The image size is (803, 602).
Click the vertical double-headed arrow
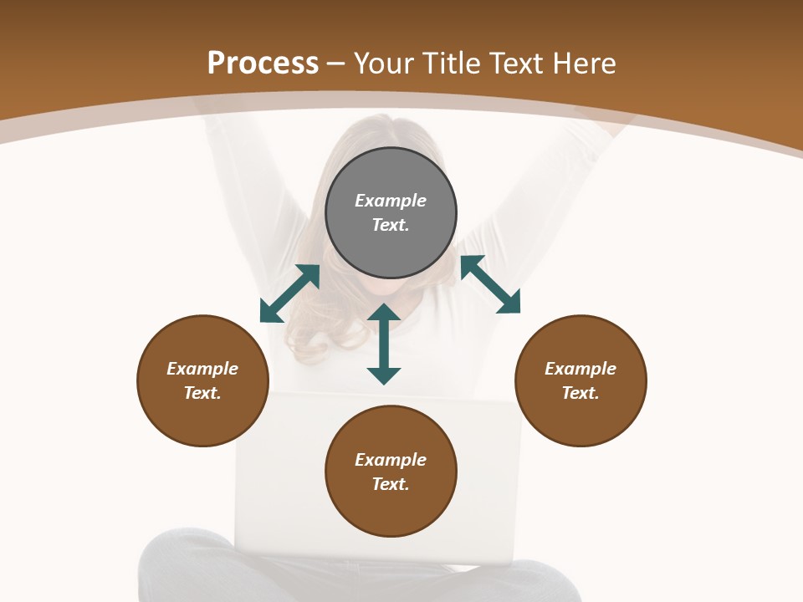[384, 344]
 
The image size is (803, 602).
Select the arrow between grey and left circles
[289, 293]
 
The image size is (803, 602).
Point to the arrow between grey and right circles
[490, 284]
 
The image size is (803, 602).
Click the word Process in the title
[263, 64]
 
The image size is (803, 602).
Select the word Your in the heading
[385, 64]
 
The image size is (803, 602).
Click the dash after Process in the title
[336, 64]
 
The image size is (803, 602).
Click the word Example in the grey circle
[391, 201]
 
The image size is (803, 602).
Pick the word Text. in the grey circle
[391, 225]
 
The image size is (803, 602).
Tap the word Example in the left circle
[202, 369]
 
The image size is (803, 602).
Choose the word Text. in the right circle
[581, 393]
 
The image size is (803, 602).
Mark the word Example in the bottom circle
[391, 460]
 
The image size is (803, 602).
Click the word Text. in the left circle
[202, 393]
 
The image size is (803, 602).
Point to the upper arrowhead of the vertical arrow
[384, 313]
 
